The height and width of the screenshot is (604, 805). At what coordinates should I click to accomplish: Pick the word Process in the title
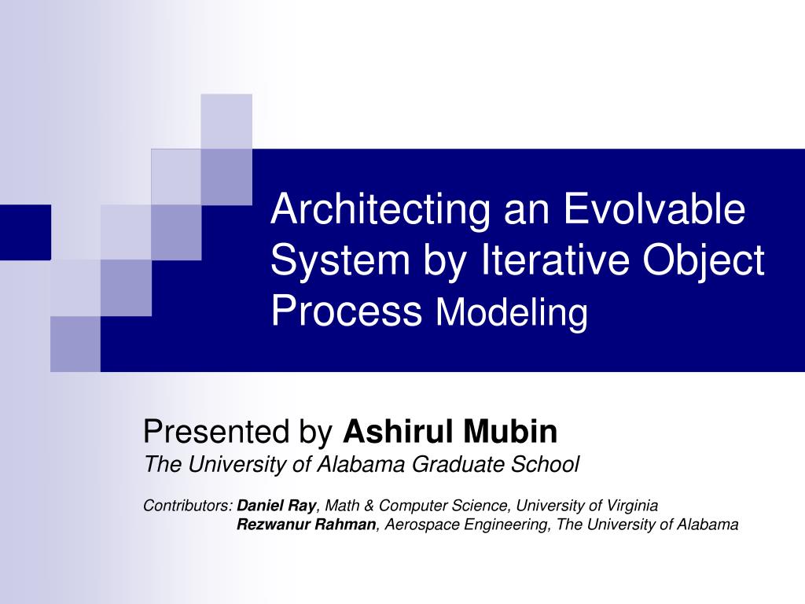point(347,311)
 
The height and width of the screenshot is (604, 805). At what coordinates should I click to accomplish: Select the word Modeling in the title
point(512,313)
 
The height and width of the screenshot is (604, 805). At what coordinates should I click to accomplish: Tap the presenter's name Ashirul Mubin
point(450,432)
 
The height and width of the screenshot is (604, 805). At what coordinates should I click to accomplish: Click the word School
point(547,465)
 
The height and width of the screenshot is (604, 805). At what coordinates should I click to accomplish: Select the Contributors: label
point(188,505)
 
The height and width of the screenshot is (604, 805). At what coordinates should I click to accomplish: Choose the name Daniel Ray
point(277,505)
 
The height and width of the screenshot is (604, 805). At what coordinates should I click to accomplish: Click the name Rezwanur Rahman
point(307,525)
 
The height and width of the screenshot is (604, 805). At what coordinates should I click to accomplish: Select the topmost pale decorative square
point(226,120)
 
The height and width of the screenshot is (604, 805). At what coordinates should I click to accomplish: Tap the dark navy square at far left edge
point(25,231)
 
